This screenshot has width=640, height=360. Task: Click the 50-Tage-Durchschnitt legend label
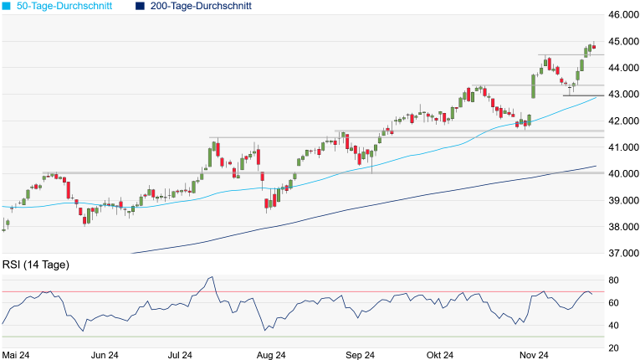tap(69, 6)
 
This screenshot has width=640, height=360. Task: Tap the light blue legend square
tap(8, 6)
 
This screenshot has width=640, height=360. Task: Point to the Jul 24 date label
tap(182, 355)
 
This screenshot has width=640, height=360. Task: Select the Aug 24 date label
tap(272, 355)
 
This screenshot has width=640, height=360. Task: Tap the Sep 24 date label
tap(359, 355)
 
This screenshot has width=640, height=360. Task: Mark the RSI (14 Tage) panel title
tap(36, 265)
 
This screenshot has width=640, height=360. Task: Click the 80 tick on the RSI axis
tap(614, 280)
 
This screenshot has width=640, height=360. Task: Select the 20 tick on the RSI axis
tap(614, 348)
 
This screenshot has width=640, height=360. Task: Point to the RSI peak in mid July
tap(210, 278)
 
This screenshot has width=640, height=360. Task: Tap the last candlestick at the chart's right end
tap(593, 47)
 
